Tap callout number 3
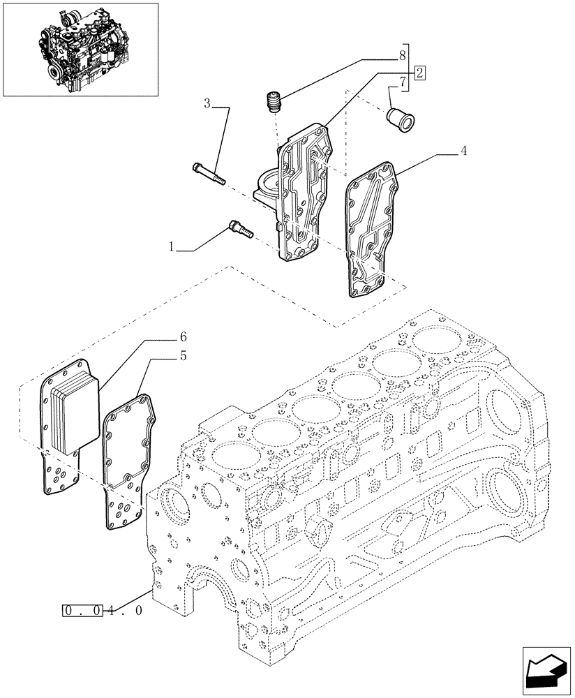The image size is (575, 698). click(207, 105)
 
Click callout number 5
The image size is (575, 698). click(182, 355)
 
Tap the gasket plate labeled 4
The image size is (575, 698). click(373, 227)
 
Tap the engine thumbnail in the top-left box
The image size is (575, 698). click(80, 49)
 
